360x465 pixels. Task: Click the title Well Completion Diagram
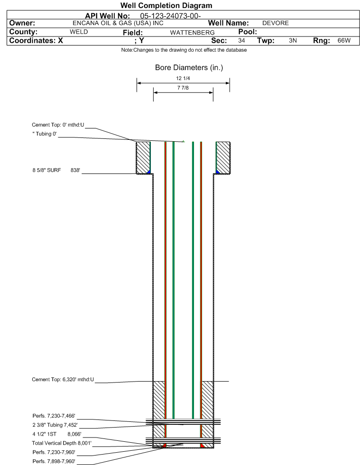(166, 6)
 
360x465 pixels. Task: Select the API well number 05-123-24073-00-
(170, 16)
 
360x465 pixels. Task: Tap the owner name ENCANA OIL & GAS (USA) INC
(118, 23)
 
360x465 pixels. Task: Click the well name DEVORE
(276, 23)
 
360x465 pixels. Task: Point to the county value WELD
(79, 32)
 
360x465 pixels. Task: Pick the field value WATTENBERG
(192, 33)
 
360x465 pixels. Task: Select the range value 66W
(344, 41)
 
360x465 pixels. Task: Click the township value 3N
(293, 41)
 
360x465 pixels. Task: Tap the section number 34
(241, 41)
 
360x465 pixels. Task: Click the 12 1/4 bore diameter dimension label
(183, 78)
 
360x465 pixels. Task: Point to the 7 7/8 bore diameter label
(183, 88)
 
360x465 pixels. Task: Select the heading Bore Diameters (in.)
(189, 68)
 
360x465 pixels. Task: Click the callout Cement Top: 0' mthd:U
(58, 125)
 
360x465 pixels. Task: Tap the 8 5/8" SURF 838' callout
(56, 170)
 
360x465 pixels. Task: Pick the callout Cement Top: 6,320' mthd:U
(63, 380)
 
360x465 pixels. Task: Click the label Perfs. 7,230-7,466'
(54, 416)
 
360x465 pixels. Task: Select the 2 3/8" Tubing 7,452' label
(55, 425)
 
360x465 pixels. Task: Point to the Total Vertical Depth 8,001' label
(62, 443)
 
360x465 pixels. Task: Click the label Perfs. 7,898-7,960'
(54, 461)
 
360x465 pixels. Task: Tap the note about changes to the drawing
(184, 50)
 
